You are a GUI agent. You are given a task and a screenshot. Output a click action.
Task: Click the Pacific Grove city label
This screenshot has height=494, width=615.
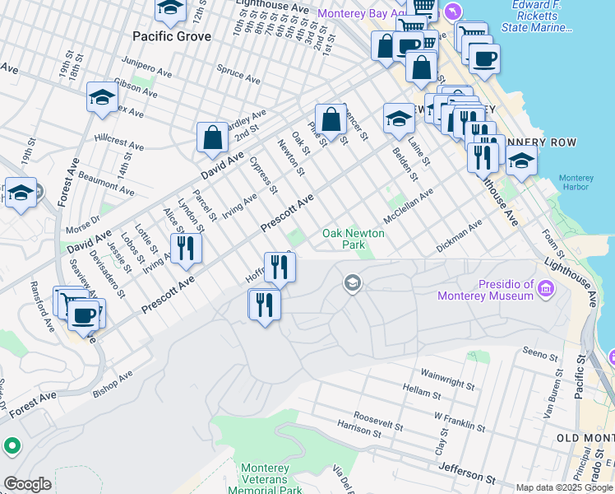pos(172,36)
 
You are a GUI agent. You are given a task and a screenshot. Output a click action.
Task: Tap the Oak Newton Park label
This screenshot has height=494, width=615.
pos(354,239)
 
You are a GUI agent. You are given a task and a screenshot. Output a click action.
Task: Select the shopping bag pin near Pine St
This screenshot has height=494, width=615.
pos(331,120)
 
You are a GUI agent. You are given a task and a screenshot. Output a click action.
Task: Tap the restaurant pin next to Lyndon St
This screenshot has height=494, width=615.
pos(186,249)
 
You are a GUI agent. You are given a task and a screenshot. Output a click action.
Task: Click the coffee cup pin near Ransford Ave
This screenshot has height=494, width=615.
pos(84,315)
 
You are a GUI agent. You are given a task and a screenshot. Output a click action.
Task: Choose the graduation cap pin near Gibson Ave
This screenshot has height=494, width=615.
pos(102,98)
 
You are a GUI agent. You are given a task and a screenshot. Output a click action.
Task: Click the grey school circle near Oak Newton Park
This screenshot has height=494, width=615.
pos(353,283)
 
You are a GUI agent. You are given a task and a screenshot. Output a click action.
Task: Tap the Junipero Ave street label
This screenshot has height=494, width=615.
pos(146,66)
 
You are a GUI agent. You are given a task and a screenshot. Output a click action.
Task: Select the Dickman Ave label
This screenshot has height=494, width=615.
pos(459,234)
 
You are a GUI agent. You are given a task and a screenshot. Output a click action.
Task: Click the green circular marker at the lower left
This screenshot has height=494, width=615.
pos(12,447)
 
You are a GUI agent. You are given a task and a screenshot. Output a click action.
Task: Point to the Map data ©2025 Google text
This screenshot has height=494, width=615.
pos(564,487)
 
